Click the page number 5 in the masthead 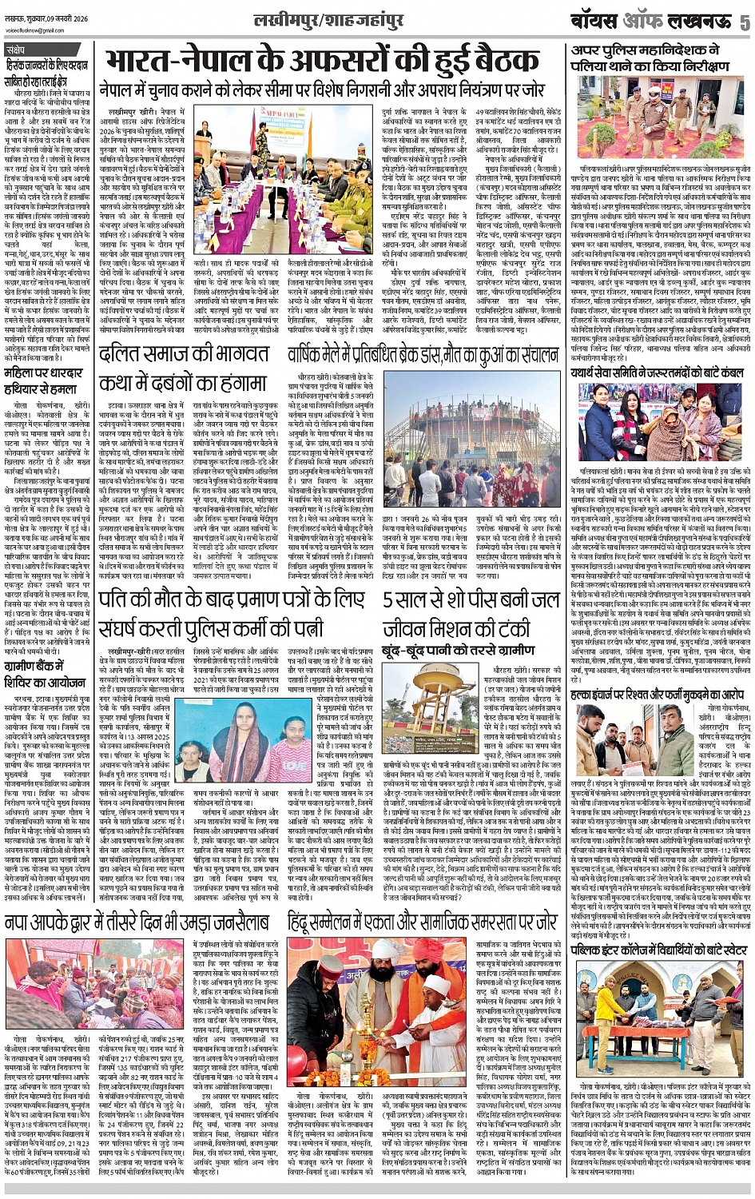point(744,22)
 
